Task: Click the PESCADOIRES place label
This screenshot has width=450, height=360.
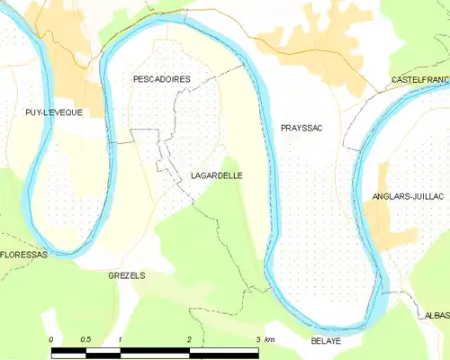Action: pyautogui.click(x=161, y=79)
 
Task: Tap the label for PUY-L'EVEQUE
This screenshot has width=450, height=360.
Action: pyautogui.click(x=54, y=112)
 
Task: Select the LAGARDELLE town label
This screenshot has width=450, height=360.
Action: pyautogui.click(x=215, y=176)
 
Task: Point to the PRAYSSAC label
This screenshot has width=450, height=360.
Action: pyautogui.click(x=301, y=129)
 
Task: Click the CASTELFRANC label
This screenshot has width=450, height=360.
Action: pyautogui.click(x=419, y=81)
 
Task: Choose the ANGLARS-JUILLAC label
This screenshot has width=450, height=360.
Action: pyautogui.click(x=410, y=195)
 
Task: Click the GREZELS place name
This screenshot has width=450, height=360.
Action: pyautogui.click(x=126, y=274)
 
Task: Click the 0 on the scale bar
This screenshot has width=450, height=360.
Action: pyautogui.click(x=51, y=339)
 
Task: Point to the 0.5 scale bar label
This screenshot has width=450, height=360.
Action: pyautogui.click(x=85, y=339)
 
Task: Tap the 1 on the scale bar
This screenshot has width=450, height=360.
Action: pyautogui.click(x=120, y=339)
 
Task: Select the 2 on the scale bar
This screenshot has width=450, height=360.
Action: pyautogui.click(x=189, y=339)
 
